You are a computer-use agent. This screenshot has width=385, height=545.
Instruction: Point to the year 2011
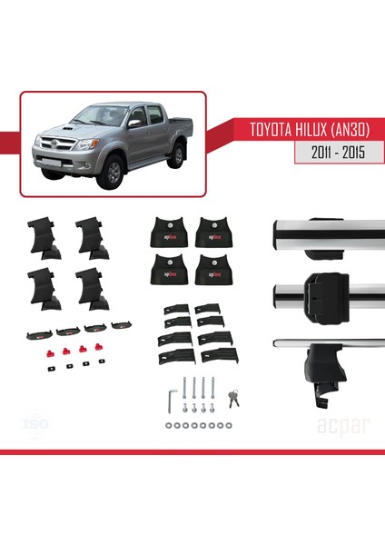pyautogui.click(x=313, y=154)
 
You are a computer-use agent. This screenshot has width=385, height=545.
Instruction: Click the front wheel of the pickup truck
pyautogui.click(x=113, y=172)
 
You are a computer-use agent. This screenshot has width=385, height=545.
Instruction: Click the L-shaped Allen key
pyautogui.click(x=172, y=398)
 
